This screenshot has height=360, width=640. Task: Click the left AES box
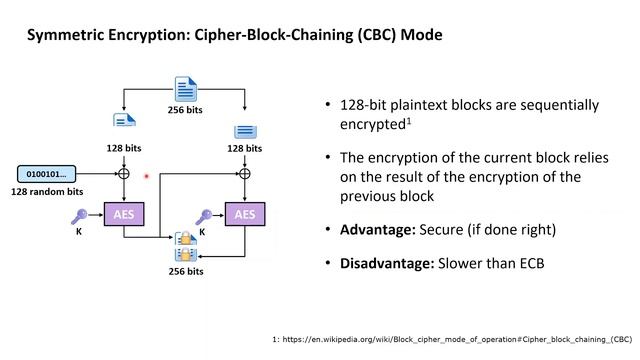(124, 214)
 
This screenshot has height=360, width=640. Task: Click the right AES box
(245, 214)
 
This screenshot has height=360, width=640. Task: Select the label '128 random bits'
(47, 191)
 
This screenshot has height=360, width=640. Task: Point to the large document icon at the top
(185, 88)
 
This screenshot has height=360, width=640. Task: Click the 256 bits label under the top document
(185, 110)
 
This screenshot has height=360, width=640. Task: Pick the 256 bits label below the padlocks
(185, 271)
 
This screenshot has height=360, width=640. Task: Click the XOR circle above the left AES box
(124, 173)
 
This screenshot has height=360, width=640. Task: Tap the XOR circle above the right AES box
(245, 173)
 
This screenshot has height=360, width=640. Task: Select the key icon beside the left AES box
(81, 213)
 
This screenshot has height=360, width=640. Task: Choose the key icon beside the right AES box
(203, 214)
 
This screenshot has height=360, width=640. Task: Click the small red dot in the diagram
(147, 176)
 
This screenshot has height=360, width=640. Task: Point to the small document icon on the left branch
(124, 121)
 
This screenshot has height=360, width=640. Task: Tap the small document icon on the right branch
(245, 131)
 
